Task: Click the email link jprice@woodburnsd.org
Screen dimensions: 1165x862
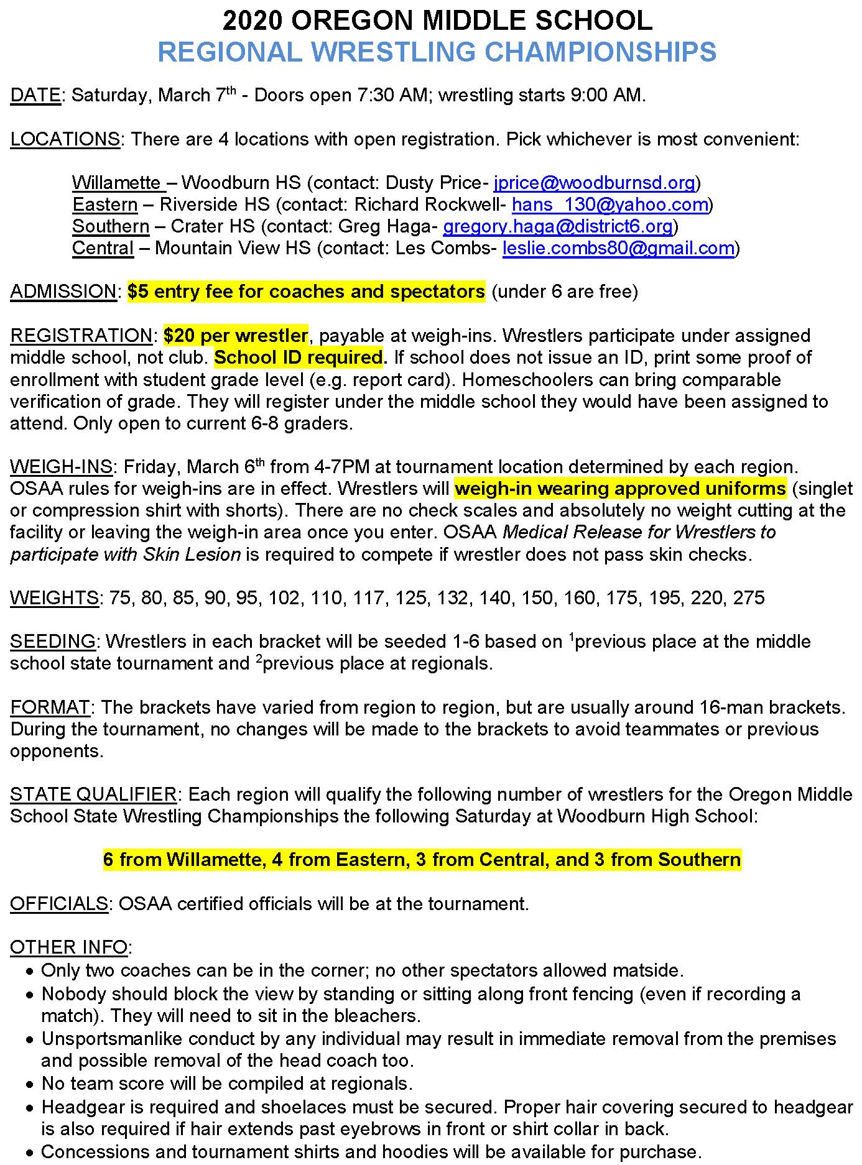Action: point(594,183)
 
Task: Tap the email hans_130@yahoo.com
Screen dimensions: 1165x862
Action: point(609,205)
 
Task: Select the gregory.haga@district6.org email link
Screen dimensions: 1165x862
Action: point(557,226)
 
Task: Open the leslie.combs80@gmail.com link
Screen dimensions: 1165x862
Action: point(618,248)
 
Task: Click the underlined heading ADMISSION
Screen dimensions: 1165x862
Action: point(63,292)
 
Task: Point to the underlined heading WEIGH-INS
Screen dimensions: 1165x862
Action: point(61,467)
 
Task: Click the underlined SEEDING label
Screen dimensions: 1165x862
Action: point(53,642)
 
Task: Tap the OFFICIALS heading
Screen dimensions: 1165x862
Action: point(59,904)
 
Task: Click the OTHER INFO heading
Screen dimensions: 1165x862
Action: point(69,947)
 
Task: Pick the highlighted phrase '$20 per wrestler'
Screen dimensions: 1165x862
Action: point(236,336)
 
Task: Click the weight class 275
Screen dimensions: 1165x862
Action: point(748,598)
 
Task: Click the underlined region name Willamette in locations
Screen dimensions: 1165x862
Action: point(116,183)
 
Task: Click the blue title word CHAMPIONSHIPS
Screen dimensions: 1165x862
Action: point(600,52)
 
